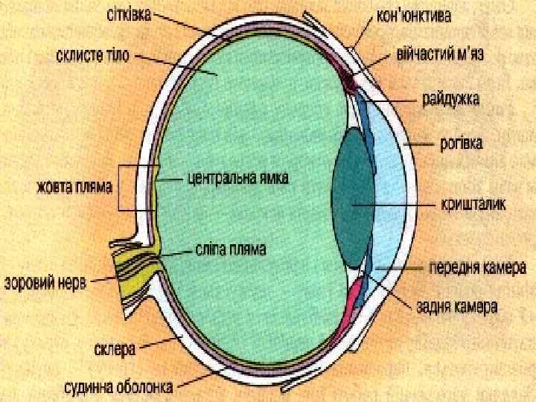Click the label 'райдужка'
451,98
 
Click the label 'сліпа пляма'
231,248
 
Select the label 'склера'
115,348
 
